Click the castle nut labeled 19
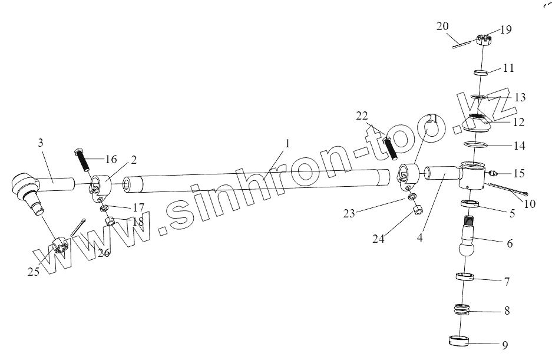click(x=482, y=41)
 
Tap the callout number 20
click(x=442, y=26)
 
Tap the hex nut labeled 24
click(x=415, y=210)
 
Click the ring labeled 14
click(x=475, y=144)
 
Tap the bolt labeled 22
click(x=389, y=148)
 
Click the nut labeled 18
click(x=110, y=222)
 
